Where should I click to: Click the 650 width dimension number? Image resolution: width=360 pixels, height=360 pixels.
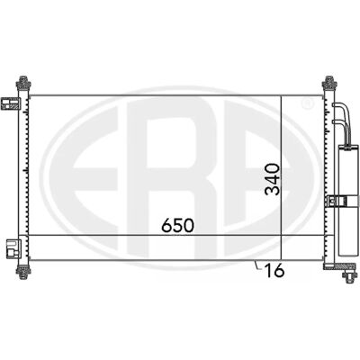coord(177,225)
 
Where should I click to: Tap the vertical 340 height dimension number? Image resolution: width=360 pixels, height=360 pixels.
coord(273,179)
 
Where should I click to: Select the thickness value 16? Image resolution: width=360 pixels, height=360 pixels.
coord(274,271)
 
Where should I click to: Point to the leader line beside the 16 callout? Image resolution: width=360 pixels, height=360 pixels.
coord(258,265)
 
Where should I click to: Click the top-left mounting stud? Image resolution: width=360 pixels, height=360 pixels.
coord(23,82)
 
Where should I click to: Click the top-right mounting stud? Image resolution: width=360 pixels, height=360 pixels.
coord(329,82)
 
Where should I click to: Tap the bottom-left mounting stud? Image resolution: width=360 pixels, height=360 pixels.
coord(23,272)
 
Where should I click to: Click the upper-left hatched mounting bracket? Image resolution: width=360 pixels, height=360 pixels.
coord(11,103)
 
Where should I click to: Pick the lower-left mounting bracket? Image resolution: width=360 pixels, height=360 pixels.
coord(13,248)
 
